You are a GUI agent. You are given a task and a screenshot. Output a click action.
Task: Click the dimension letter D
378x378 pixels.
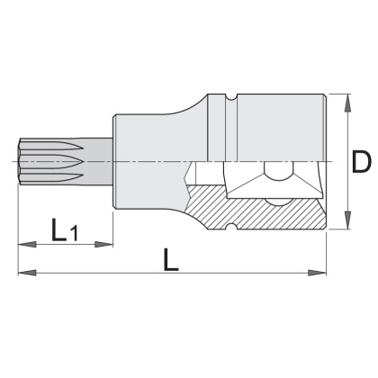(361, 162)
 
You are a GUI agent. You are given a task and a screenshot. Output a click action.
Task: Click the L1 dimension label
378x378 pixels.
(65, 230)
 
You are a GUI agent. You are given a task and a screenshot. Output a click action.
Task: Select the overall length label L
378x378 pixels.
(171, 260)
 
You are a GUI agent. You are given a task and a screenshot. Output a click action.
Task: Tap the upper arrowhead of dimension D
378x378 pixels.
(347, 103)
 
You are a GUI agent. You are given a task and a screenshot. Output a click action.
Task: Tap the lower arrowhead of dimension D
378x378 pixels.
(347, 220)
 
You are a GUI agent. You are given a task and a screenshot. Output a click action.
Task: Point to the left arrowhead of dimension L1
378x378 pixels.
(27, 245)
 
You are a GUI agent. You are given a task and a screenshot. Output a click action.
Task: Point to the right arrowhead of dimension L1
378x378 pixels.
(103, 245)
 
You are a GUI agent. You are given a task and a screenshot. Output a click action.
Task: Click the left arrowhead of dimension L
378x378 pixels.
(27, 273)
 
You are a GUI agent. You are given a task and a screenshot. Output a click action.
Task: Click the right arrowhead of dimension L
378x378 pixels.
(317, 273)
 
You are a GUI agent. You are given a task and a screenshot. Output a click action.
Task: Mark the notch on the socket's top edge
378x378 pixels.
(231, 97)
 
